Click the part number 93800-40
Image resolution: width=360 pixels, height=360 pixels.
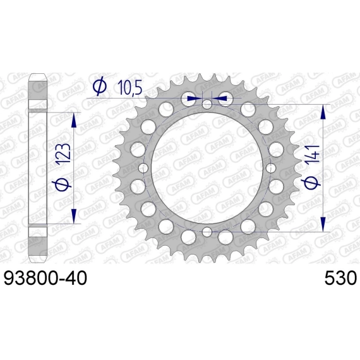click(x=45, y=278)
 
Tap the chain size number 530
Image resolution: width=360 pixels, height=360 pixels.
click(x=340, y=278)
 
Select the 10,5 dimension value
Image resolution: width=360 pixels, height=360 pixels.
click(x=129, y=88)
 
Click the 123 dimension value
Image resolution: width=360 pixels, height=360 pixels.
click(x=63, y=153)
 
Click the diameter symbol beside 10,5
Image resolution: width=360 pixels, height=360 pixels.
click(x=99, y=87)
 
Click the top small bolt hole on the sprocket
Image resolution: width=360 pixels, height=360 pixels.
click(x=207, y=104)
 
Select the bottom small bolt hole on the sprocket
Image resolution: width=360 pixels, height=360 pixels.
click(x=207, y=232)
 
